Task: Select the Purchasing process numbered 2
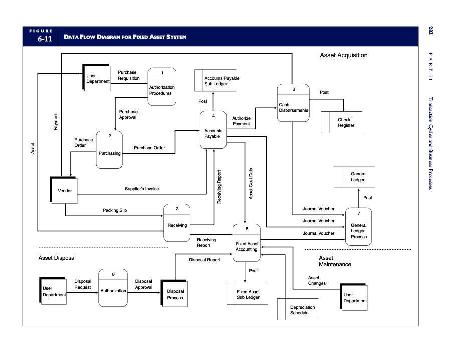pos(109,150)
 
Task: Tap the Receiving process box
pos(177,222)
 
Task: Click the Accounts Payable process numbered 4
pos(213,130)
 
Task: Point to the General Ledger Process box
pos(358,228)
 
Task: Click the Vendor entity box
pos(65,190)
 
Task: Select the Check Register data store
pos(344,123)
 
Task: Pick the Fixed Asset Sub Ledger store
pos(248,294)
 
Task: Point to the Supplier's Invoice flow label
pos(142,189)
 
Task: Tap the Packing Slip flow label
pos(115,210)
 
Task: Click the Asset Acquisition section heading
pos(343,55)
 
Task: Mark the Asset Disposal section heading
pos(57,258)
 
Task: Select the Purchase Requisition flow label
pos(129,75)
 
